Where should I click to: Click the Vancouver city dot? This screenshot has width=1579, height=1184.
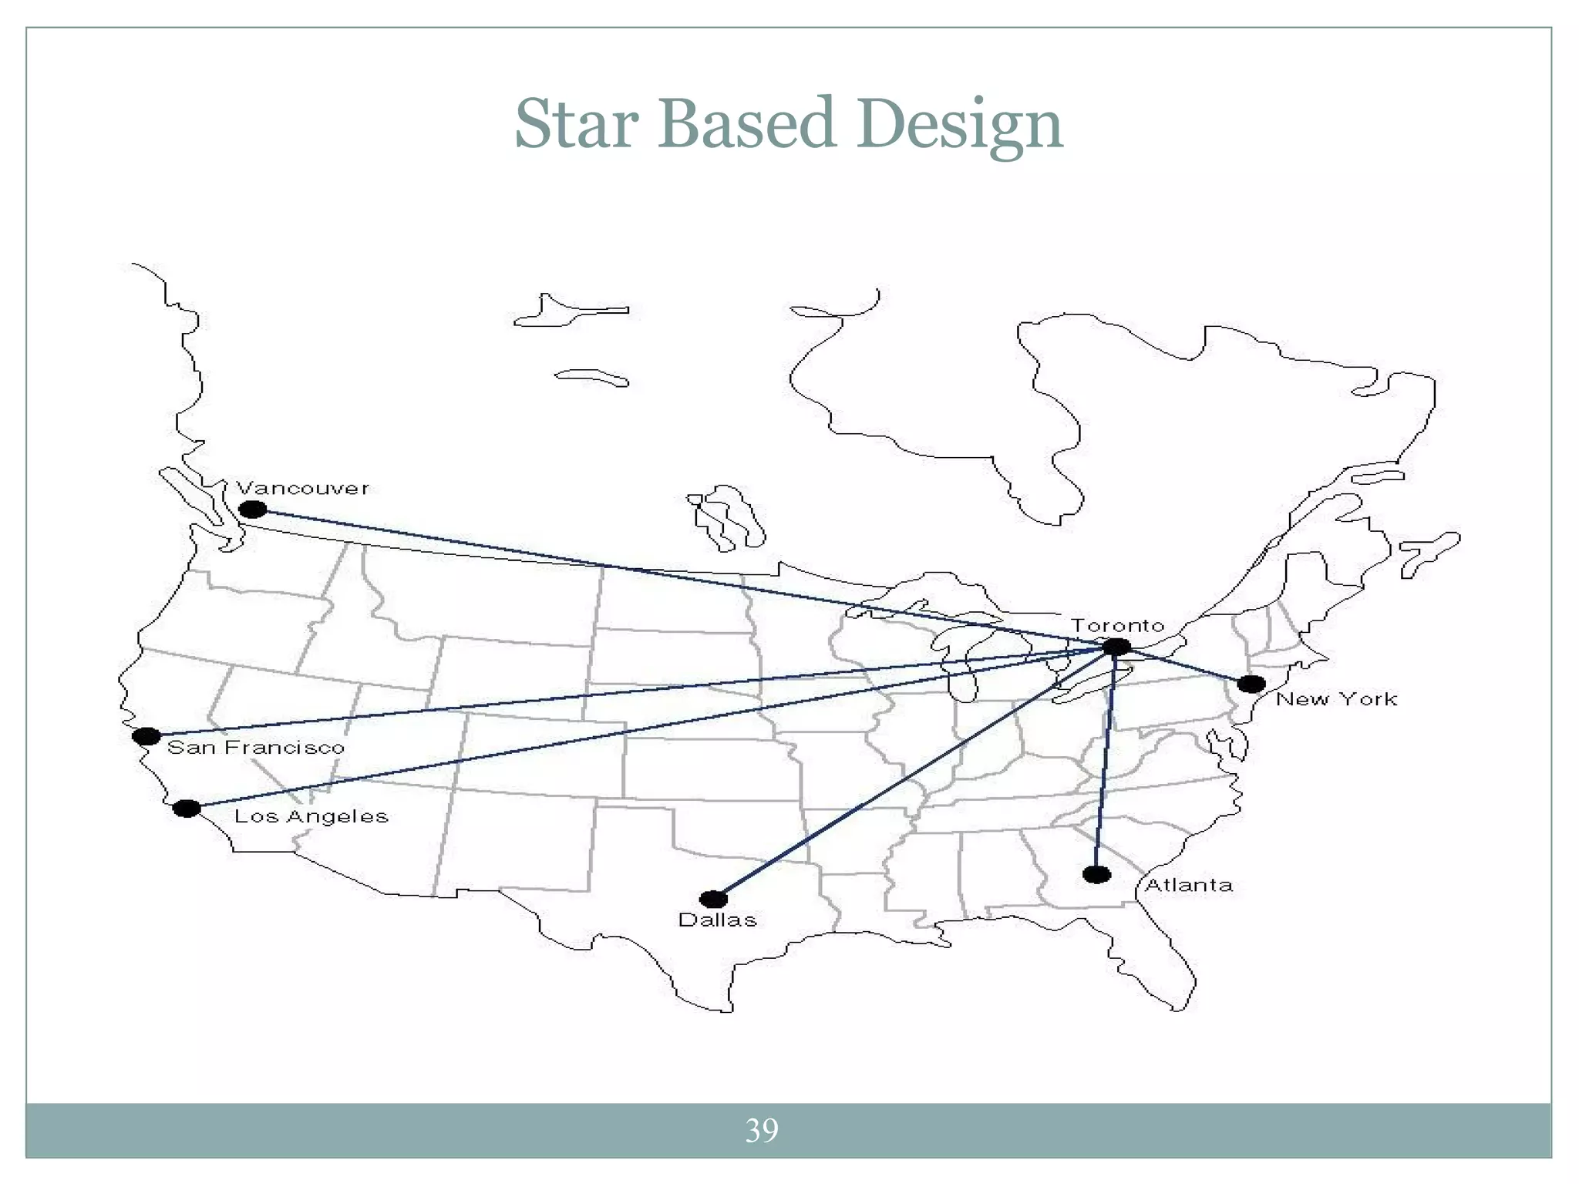[253, 510]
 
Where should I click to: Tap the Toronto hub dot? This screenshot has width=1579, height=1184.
[1116, 647]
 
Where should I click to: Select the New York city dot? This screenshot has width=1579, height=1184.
[1251, 684]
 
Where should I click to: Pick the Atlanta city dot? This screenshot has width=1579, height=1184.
[1096, 874]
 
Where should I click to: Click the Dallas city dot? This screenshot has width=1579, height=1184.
[713, 899]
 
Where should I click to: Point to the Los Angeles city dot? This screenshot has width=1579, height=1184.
[187, 808]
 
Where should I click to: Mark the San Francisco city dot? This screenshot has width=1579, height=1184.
[146, 736]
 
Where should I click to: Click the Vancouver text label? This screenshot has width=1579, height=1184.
[302, 489]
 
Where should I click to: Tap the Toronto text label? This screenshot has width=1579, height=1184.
[1117, 625]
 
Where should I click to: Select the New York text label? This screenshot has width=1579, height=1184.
[1336, 699]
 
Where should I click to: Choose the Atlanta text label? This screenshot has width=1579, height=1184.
[1188, 885]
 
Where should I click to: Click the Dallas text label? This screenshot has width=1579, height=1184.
[717, 920]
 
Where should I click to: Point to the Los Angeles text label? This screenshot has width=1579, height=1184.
[311, 816]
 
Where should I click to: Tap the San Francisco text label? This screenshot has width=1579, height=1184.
[256, 747]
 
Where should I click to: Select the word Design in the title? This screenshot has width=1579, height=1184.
[959, 125]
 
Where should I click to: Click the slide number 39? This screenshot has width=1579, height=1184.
[762, 1130]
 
